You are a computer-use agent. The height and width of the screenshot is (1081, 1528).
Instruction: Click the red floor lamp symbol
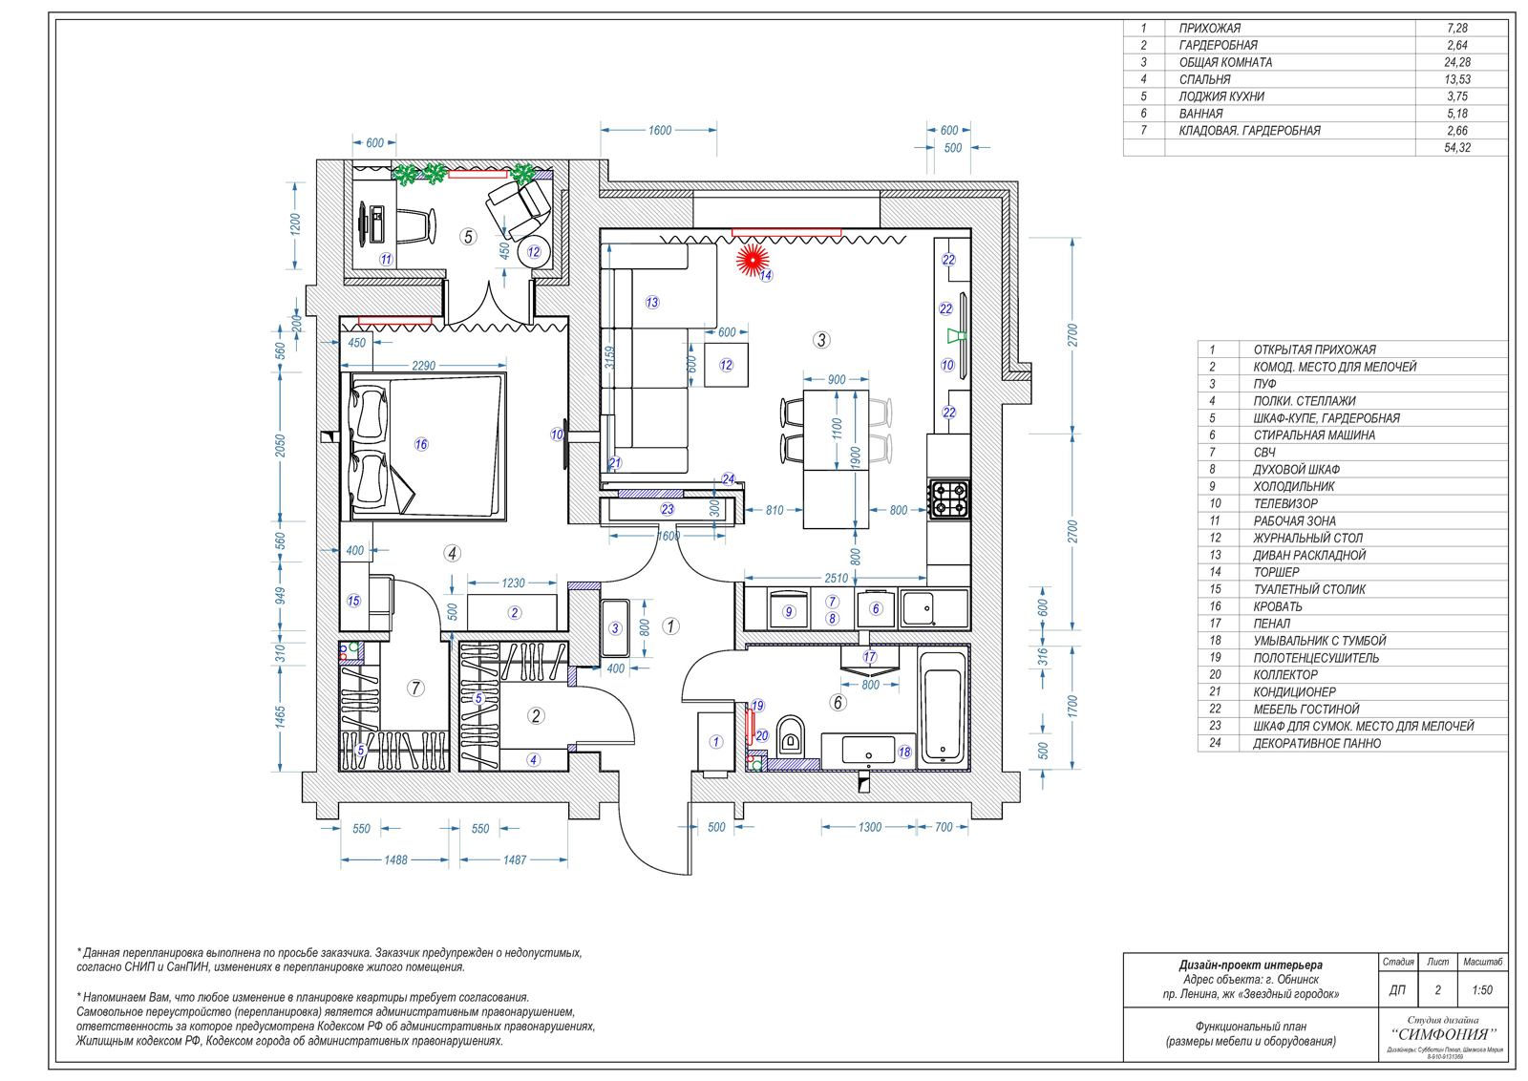click(753, 259)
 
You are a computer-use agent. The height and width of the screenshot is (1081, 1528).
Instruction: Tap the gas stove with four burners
click(949, 498)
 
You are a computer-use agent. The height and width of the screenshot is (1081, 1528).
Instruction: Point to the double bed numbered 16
click(426, 446)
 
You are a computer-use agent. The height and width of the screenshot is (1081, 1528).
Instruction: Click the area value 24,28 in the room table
click(1456, 62)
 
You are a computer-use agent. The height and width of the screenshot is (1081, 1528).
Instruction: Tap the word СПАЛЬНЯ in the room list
click(1204, 79)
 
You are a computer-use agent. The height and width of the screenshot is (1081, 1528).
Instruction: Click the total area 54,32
click(1456, 148)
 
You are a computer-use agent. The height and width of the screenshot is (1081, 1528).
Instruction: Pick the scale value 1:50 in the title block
click(1481, 990)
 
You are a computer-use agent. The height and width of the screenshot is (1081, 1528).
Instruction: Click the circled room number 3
click(821, 340)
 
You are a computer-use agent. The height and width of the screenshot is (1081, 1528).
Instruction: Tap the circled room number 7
click(415, 688)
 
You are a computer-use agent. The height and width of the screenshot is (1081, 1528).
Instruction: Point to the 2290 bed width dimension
click(423, 366)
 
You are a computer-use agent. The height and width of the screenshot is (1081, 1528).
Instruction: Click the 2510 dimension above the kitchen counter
click(836, 578)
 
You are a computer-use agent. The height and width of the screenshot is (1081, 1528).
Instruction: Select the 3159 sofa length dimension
click(609, 357)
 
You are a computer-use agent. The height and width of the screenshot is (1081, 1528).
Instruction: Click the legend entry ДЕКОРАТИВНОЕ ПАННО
click(1316, 743)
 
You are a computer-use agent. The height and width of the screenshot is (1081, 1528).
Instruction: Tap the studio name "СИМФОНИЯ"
click(1444, 1034)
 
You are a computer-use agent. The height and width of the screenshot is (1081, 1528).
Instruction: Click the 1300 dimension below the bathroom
click(869, 828)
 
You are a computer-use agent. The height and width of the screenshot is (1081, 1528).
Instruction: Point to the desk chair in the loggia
click(417, 224)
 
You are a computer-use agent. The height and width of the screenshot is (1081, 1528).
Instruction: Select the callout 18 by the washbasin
click(903, 752)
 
